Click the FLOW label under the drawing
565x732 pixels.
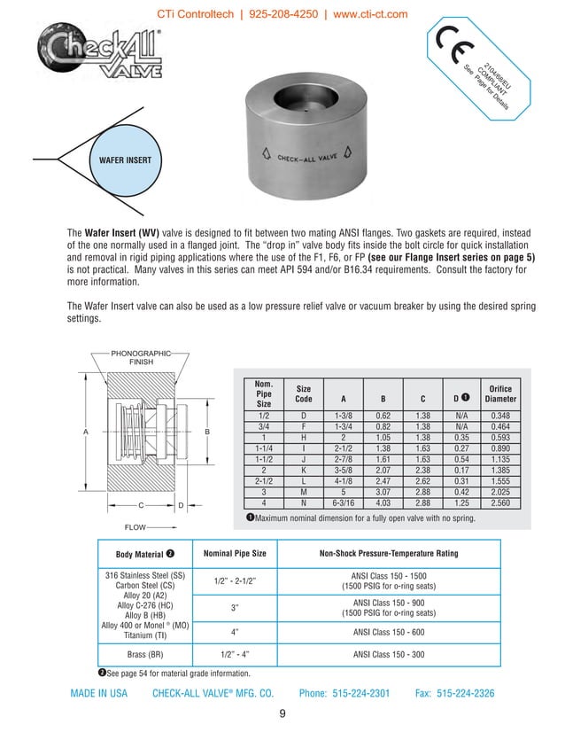[x=135, y=526]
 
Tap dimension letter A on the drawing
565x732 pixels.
[x=87, y=432]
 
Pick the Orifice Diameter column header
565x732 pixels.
[x=500, y=393]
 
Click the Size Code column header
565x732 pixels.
[x=303, y=393]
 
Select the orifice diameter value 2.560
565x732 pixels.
[x=500, y=502]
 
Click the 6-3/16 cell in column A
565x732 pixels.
[x=343, y=502]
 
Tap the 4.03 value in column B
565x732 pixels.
[x=383, y=502]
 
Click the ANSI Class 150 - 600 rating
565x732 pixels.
[x=388, y=632]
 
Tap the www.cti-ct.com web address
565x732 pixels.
[x=358, y=14]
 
